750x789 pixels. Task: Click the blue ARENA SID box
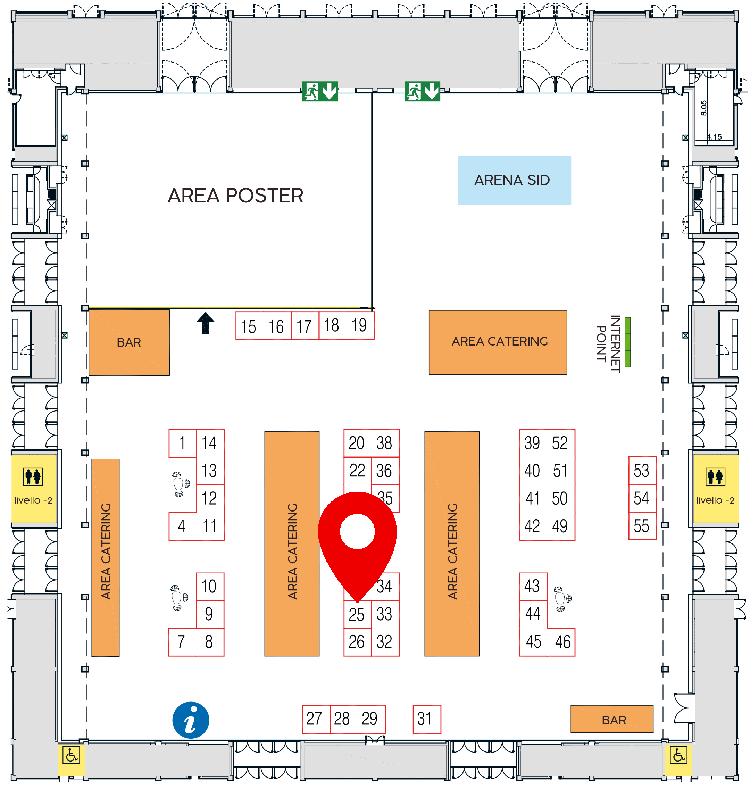pos(514,180)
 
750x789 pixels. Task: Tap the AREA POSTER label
pos(235,196)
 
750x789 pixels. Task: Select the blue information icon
pos(191,720)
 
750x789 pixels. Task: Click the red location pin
pos(357,546)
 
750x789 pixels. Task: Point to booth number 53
pos(642,471)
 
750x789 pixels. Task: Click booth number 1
pos(183,443)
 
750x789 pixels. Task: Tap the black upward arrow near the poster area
pos(206,323)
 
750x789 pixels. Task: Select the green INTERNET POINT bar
pos(628,342)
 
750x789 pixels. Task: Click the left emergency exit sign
pos(320,92)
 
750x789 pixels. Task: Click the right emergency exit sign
pos(422,92)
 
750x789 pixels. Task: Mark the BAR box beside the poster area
pos(129,342)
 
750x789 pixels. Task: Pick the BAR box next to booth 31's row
pos(612,719)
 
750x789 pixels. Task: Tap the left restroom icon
pos(33,477)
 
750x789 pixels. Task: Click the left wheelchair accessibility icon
pos(71,755)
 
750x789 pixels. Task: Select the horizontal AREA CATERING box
pos(498,342)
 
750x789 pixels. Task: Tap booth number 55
pos(642,526)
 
